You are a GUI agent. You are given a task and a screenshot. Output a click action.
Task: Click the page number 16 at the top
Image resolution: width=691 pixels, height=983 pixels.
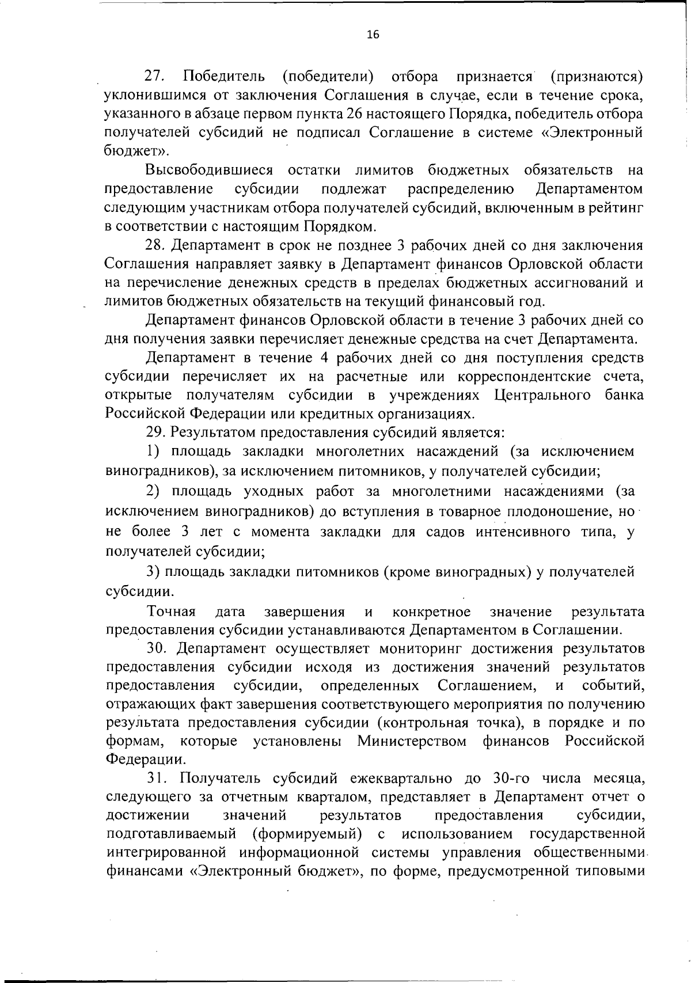pos(373,35)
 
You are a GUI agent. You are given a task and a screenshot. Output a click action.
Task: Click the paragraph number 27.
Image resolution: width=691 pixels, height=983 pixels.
pos(155,76)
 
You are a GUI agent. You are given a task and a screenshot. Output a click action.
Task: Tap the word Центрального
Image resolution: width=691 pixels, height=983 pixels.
pos(542,396)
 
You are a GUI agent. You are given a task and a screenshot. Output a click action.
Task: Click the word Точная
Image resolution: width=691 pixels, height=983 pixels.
pos(172,612)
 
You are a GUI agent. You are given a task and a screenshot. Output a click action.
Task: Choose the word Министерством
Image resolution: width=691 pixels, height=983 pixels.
pos(412,741)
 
